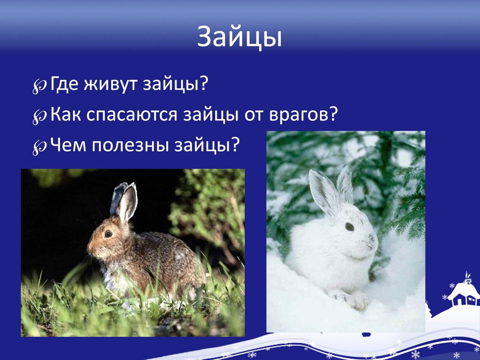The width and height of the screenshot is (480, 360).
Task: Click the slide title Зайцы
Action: point(240,37)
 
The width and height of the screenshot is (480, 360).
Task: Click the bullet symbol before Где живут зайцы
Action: point(40,86)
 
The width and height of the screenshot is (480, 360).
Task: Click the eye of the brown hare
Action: point(108,234)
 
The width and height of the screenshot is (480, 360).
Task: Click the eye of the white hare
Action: point(349,227)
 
